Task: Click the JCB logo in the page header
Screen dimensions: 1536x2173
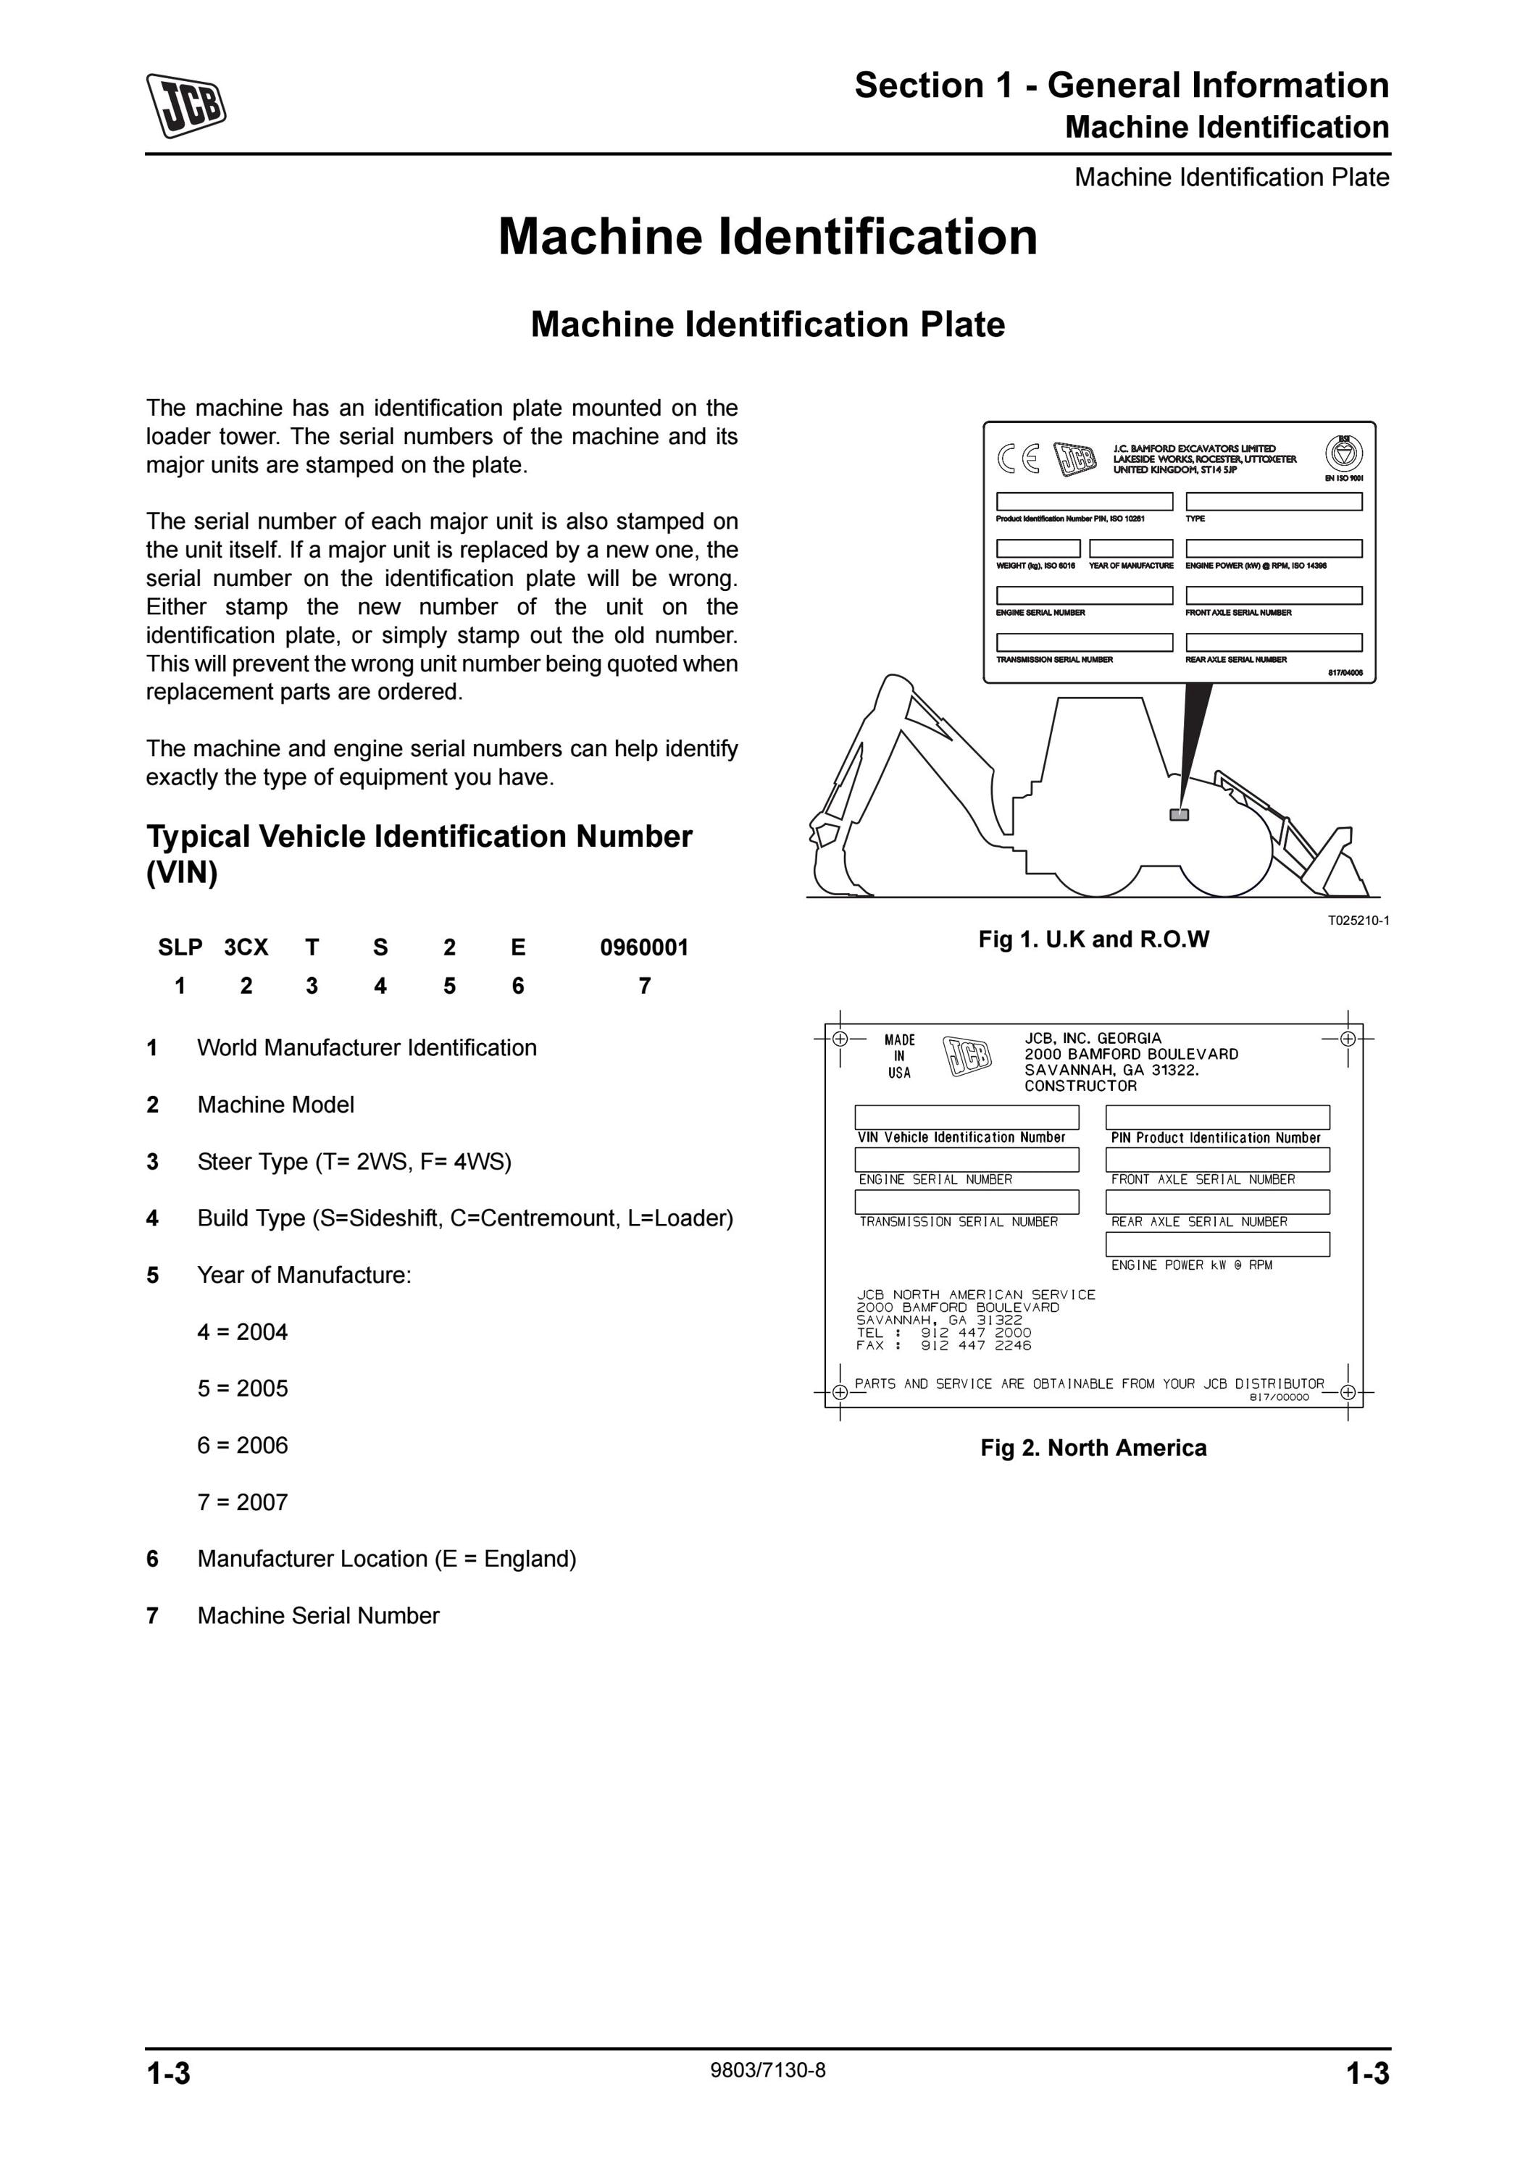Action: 186,105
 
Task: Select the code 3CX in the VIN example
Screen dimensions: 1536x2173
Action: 246,947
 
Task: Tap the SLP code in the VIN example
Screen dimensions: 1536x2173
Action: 180,947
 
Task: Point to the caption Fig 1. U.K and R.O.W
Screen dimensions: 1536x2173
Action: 1093,939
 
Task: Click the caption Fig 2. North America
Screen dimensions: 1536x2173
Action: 1093,1448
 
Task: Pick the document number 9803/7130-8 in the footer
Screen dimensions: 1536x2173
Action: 767,2070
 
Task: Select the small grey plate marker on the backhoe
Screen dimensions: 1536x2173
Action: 1180,814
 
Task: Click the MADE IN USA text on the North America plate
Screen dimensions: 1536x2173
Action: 899,1056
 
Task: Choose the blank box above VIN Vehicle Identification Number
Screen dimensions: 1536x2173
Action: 967,1117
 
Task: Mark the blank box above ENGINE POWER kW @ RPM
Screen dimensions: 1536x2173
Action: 1217,1244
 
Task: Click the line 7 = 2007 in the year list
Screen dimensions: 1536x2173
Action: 242,1502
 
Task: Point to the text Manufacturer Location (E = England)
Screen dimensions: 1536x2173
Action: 386,1559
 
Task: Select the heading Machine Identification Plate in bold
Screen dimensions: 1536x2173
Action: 767,325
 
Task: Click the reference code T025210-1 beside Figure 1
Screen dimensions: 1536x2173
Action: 1358,920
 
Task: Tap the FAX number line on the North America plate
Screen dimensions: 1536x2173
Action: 943,1345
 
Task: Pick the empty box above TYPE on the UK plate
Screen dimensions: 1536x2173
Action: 1274,502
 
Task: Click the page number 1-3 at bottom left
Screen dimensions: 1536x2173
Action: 169,2074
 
